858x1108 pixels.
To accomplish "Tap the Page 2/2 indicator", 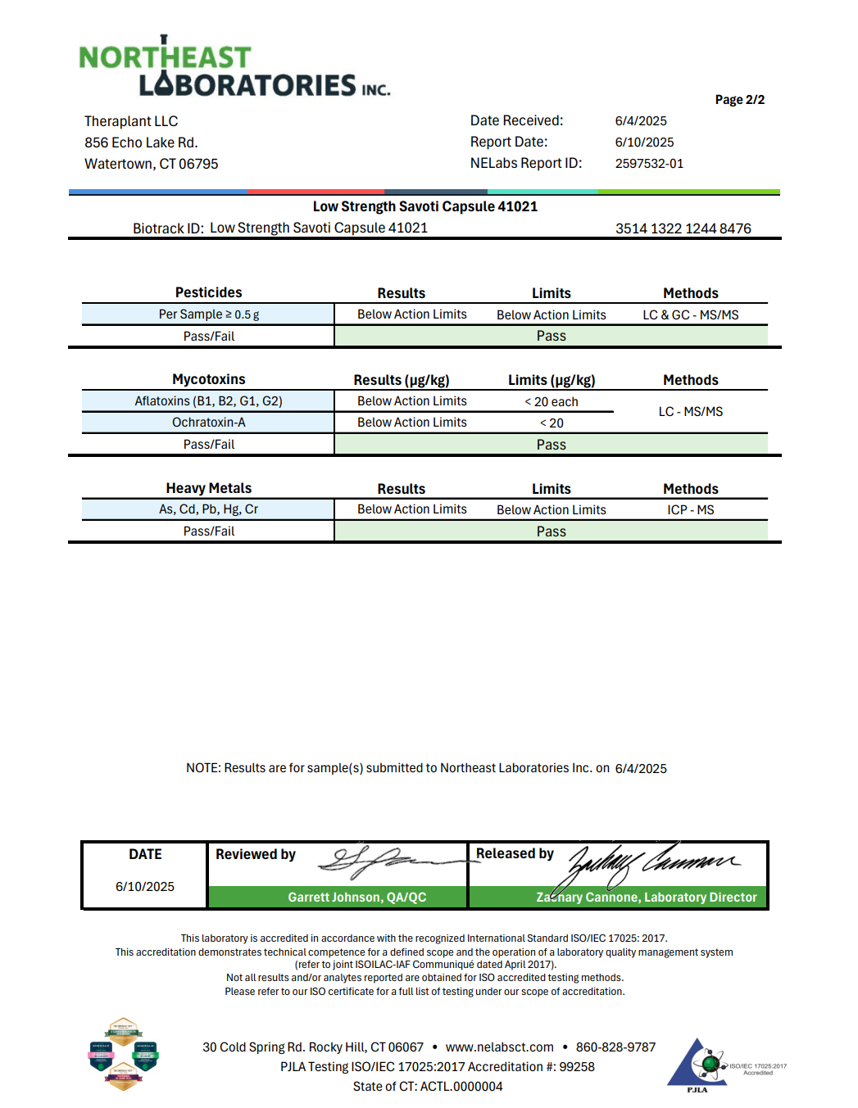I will pos(739,100).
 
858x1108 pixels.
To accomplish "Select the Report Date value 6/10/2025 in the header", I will pos(644,142).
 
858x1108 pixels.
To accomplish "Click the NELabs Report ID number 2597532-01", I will pos(649,164).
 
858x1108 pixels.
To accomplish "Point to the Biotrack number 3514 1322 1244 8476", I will pos(683,228).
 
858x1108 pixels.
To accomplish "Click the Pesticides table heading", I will pos(208,292).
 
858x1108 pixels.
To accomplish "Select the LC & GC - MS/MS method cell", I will pos(690,314).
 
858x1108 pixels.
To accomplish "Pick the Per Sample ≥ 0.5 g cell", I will pos(208,314).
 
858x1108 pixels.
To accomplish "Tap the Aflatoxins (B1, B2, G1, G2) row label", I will pos(208,401).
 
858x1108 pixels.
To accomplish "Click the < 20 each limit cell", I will pos(551,402).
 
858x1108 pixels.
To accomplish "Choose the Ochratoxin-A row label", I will pos(208,423).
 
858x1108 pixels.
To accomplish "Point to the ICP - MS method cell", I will pos(690,509).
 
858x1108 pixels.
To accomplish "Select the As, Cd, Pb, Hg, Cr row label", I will pos(208,509).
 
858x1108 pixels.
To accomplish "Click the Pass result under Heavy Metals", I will pos(551,531).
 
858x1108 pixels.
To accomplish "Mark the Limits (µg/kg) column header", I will pos(551,380).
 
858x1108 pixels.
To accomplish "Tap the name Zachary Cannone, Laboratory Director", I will pos(647,898).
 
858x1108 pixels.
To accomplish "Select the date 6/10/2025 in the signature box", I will pos(145,887).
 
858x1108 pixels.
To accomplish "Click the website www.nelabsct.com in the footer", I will pos(499,1047).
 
